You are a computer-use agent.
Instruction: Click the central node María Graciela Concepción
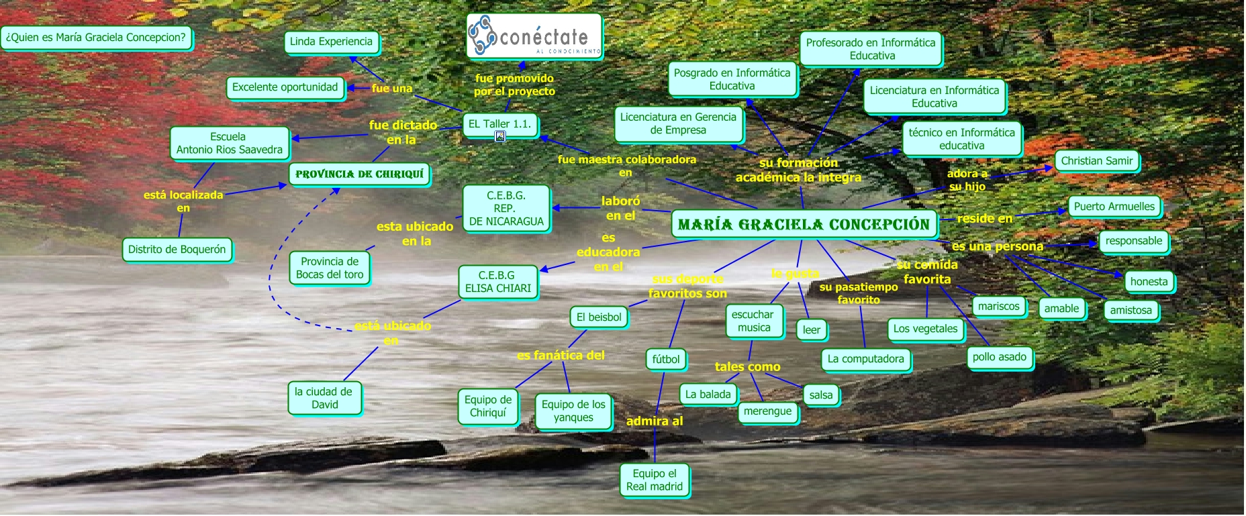coord(804,224)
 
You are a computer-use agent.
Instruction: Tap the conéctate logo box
coord(534,36)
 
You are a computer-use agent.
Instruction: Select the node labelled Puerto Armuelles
coord(1114,207)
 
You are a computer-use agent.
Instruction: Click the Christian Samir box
coord(1096,161)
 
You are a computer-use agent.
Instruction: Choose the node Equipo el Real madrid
coord(654,480)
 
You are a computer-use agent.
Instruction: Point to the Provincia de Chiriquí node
coord(359,174)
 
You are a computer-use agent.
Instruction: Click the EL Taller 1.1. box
coord(499,124)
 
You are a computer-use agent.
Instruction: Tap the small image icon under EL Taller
coord(500,137)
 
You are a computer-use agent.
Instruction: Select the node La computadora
coord(865,359)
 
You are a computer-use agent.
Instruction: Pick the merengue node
coord(767,411)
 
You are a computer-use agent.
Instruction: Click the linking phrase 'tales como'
coord(747,367)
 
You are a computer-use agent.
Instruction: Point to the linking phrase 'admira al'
coord(654,421)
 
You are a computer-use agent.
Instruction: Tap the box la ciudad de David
coord(324,398)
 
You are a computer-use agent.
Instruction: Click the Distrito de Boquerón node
coord(177,250)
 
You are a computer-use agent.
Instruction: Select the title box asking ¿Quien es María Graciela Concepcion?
coord(96,38)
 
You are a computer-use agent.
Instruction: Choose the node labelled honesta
coord(1149,282)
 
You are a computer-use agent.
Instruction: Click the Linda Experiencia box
coord(331,42)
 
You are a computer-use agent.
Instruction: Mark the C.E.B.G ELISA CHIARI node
coord(497,282)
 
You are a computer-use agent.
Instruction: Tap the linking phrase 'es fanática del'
coord(561,356)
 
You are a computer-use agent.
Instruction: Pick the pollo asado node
coord(999,357)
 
